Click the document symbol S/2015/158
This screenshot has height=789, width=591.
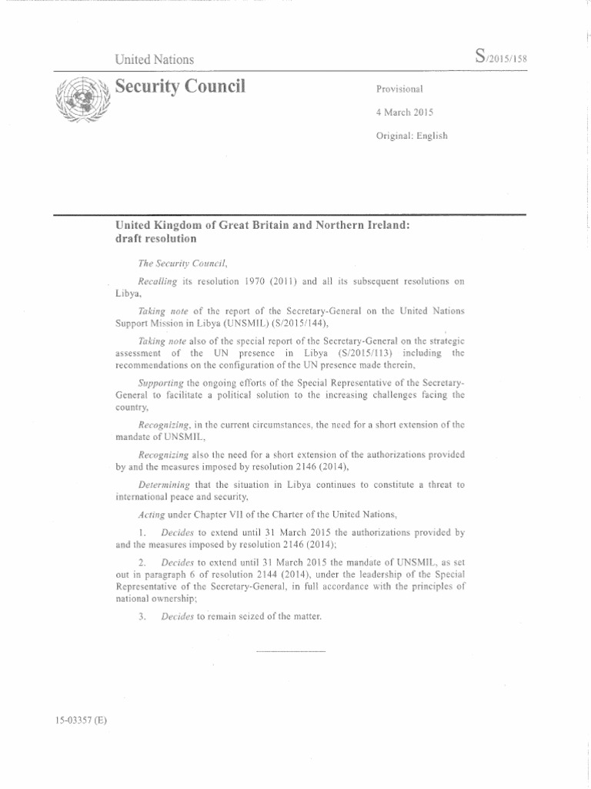[x=501, y=57]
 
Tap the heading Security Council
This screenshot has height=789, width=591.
[x=180, y=86]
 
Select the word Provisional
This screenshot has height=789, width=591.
[x=399, y=89]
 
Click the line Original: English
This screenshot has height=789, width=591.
[x=412, y=136]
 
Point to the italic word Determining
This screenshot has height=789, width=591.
[x=165, y=485]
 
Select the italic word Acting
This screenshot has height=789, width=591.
[x=150, y=513]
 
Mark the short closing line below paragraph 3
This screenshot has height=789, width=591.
[x=290, y=653]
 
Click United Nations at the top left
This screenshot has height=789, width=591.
[x=155, y=59]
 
